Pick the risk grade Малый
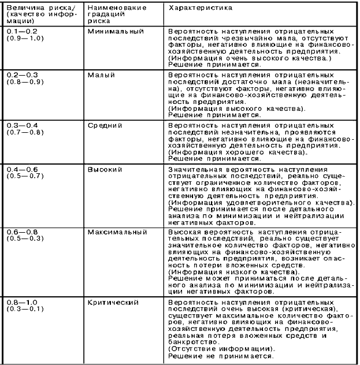point(101,76)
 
